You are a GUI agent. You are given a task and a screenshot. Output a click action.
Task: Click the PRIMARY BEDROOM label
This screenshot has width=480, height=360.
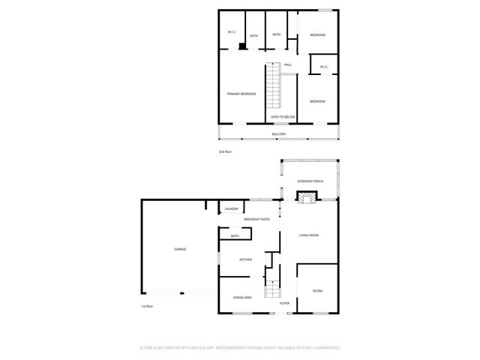tap(241, 94)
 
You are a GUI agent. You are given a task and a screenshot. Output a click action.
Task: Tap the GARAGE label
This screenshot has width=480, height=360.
tap(180, 249)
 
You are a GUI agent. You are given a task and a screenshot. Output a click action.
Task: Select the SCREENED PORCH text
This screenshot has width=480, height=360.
tap(310, 181)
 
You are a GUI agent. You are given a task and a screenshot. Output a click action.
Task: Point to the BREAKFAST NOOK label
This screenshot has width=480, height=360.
tap(256, 219)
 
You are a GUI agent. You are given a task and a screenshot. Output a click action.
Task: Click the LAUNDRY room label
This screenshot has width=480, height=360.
tap(232, 208)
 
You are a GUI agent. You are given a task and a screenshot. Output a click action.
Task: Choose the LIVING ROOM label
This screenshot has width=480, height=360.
tap(309, 235)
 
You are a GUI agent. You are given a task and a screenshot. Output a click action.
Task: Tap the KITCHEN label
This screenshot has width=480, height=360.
tap(245, 259)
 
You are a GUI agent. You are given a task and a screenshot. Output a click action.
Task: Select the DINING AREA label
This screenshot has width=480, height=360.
tap(242, 297)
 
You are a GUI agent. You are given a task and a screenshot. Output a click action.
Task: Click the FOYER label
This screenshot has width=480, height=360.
tap(285, 303)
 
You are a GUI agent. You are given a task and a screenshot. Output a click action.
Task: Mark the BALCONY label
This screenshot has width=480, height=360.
tap(278, 134)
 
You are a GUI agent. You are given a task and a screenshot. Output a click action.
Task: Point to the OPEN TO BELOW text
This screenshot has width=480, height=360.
tap(283, 118)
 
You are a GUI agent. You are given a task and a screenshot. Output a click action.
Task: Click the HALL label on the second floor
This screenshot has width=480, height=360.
tap(287, 64)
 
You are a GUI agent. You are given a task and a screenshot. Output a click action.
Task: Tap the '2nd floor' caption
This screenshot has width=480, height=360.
tap(225, 151)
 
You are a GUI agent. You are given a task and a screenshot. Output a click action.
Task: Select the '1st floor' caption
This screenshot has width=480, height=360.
tap(146, 306)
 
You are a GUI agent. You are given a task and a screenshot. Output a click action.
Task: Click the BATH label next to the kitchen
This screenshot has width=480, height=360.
tap(235, 236)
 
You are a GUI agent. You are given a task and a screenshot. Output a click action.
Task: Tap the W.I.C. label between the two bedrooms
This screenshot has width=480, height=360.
tap(323, 67)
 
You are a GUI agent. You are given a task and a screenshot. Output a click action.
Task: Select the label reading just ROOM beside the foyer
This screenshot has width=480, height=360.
tap(317, 290)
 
